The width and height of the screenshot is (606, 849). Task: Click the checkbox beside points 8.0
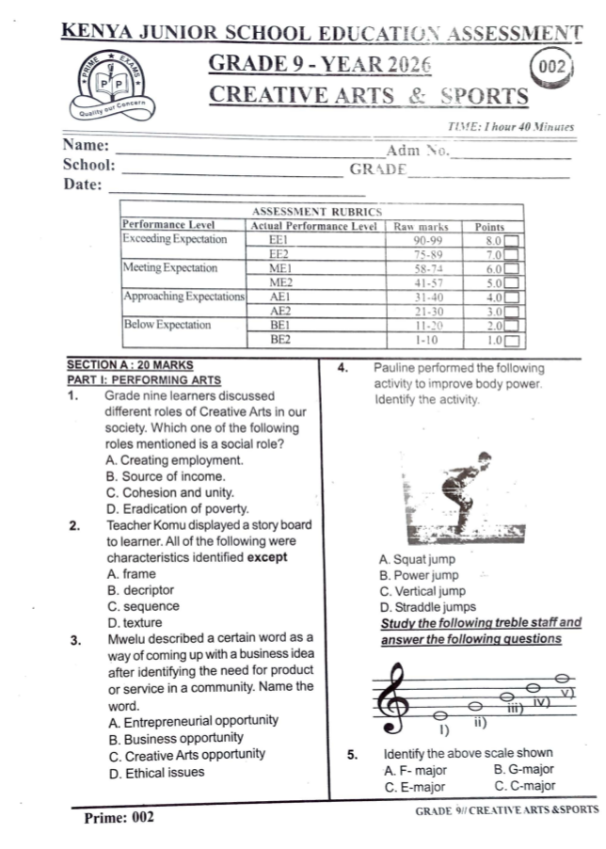coord(513,241)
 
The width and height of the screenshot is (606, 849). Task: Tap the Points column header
coord(489,226)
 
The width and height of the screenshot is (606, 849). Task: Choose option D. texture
coord(136,623)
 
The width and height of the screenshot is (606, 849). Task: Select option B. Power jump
coord(419,575)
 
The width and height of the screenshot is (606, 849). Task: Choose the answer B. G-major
coord(524,770)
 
